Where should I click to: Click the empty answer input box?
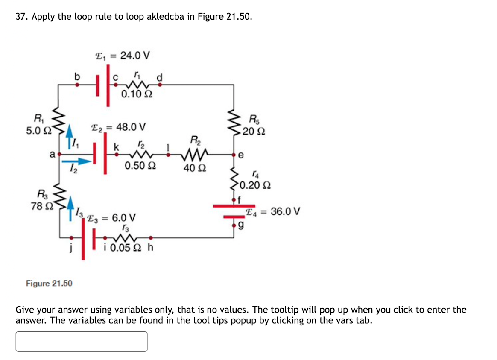(82, 341)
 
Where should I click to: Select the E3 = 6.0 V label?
(111, 218)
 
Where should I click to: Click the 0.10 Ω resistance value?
(135, 94)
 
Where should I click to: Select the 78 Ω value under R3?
(41, 206)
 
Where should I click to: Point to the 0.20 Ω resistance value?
(255, 185)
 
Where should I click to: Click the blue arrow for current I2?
(77, 161)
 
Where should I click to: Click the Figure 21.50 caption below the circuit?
(49, 283)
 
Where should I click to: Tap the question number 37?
(22, 17)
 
